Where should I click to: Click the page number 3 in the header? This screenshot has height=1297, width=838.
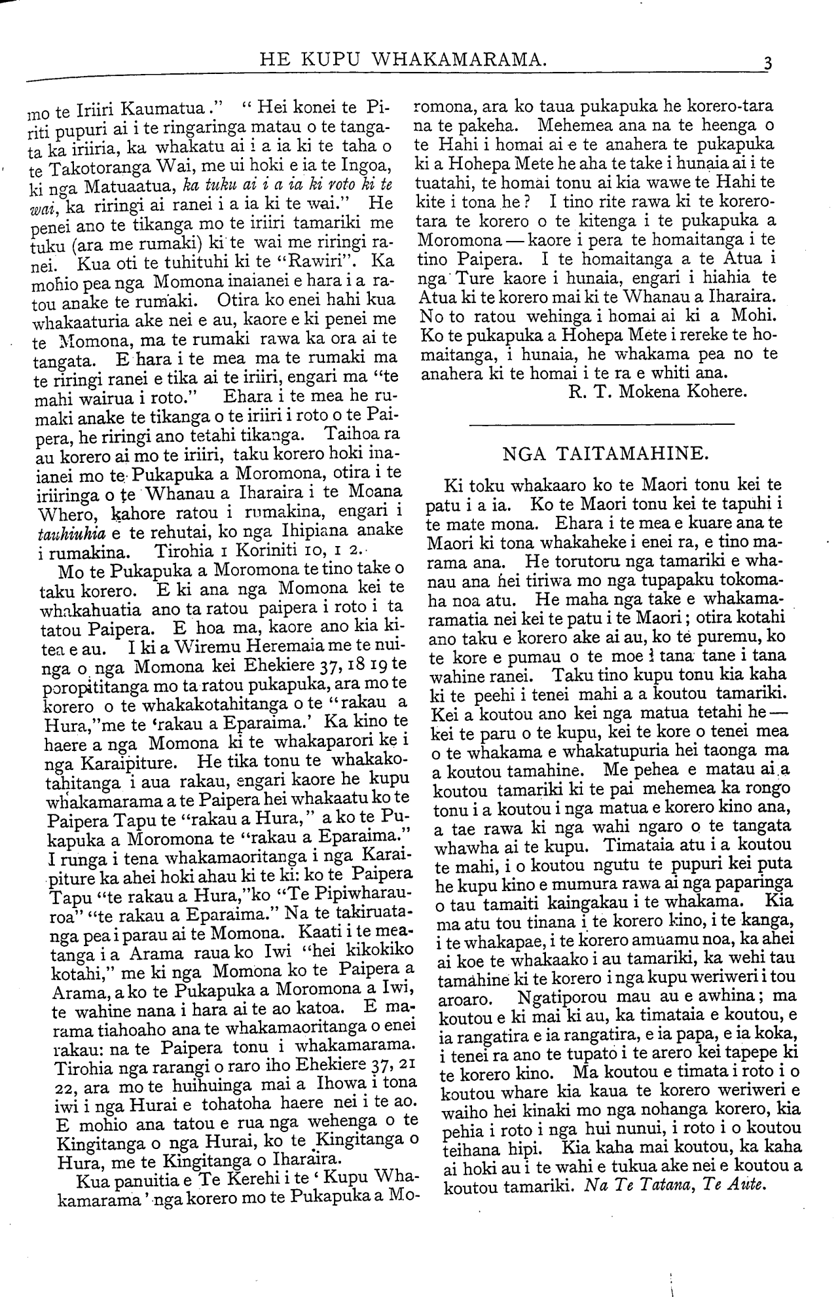click(767, 64)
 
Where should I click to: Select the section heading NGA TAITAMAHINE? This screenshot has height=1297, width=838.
click(603, 452)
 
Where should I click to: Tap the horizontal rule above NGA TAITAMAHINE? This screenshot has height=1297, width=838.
click(602, 425)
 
